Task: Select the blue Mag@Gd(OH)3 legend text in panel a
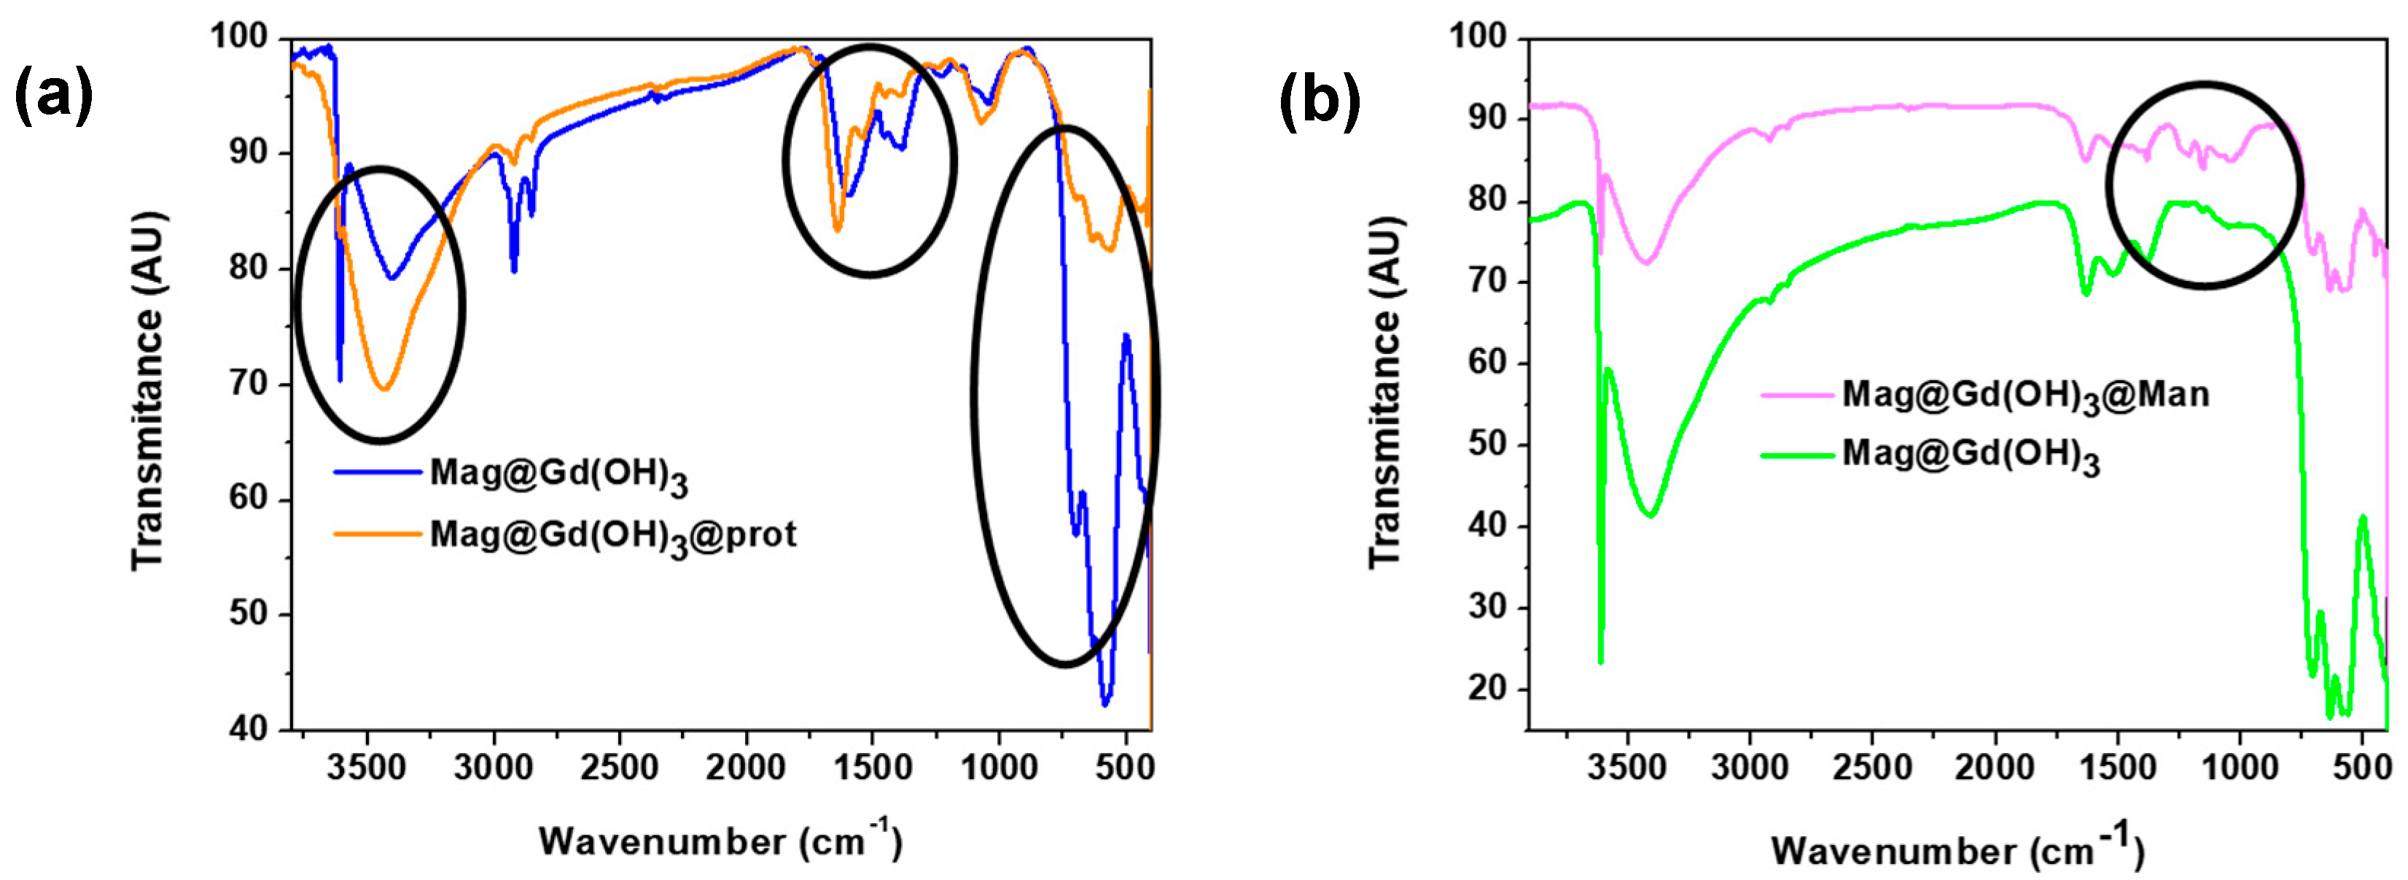[558, 475]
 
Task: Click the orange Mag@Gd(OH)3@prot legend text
[613, 536]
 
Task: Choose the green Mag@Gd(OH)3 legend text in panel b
[1971, 455]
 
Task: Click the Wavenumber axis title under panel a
[720, 841]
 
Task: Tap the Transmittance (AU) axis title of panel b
[1387, 392]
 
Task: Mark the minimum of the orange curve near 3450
[384, 389]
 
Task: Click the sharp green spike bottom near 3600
[1600, 662]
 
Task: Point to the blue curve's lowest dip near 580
[1105, 704]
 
